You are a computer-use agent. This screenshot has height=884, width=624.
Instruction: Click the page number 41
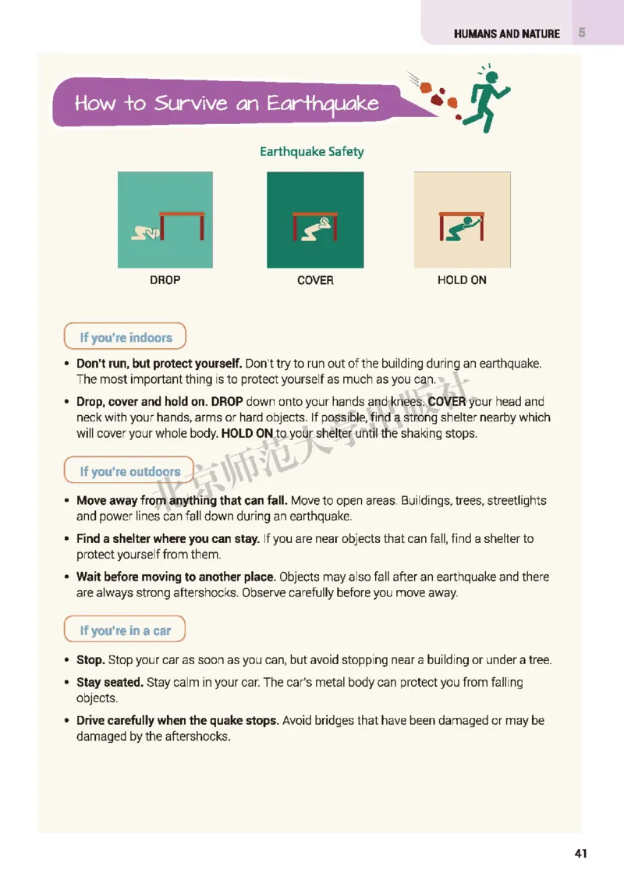(x=580, y=853)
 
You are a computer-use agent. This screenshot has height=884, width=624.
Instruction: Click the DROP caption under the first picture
(x=165, y=280)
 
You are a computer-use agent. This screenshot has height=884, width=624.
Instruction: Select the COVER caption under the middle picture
(x=315, y=280)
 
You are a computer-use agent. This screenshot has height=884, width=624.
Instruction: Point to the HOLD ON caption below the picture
(x=462, y=280)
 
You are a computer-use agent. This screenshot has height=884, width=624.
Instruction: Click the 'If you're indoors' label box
(x=125, y=338)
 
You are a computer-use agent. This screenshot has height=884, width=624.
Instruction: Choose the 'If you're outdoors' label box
(x=129, y=471)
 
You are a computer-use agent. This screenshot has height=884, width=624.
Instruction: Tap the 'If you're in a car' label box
(x=125, y=630)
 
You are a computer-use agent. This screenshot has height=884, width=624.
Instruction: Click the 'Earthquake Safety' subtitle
(x=312, y=151)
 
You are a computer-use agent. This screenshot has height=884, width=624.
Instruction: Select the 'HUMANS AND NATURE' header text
(x=507, y=34)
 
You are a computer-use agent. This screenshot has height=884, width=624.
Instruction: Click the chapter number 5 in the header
(x=582, y=33)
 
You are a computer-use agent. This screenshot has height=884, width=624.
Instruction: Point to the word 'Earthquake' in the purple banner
(x=323, y=105)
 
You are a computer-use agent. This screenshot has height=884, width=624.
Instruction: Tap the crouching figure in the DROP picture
(x=147, y=233)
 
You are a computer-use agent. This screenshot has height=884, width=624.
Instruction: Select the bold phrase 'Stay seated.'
(x=110, y=683)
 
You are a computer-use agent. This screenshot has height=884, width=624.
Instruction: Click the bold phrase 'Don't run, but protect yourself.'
(x=159, y=364)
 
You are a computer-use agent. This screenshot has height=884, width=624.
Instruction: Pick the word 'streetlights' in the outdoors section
(x=516, y=501)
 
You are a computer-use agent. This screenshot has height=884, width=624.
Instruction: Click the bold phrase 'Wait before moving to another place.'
(x=175, y=577)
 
